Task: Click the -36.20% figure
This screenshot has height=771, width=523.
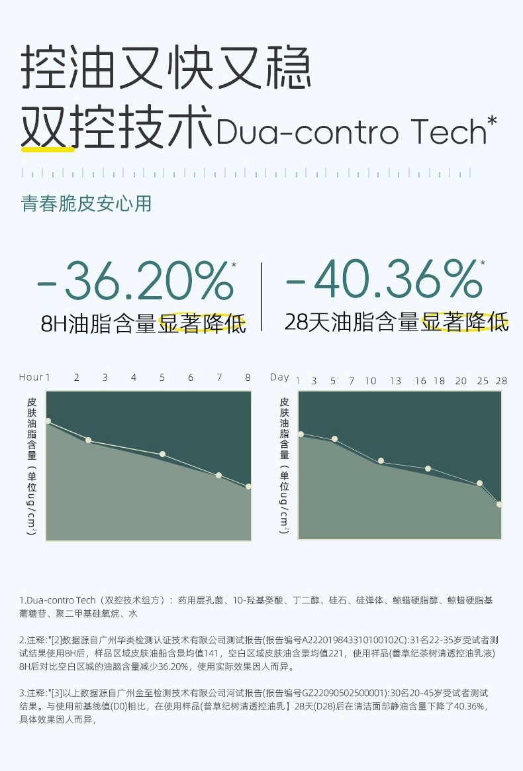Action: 136,282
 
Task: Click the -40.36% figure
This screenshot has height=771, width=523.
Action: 385,280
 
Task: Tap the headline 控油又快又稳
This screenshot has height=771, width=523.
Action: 166,69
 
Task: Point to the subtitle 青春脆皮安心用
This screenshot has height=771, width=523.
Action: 87,203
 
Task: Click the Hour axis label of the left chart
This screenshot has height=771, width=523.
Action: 30,378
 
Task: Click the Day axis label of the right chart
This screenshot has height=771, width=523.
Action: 279,378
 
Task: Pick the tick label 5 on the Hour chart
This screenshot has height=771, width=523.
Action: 162,378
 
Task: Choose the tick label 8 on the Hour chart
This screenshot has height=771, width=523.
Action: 248,378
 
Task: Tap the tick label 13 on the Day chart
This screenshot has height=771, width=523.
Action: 395,381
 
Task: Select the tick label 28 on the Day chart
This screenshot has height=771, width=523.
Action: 501,381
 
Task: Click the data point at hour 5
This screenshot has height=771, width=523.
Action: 162,454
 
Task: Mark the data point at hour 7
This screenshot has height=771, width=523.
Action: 218,476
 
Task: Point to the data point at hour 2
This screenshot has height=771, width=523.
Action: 88,440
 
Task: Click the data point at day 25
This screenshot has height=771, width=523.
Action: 479,484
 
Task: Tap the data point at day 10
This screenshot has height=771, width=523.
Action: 381,461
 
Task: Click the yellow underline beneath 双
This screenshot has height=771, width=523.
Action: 48,150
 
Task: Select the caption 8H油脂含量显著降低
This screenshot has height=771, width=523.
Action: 143,325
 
